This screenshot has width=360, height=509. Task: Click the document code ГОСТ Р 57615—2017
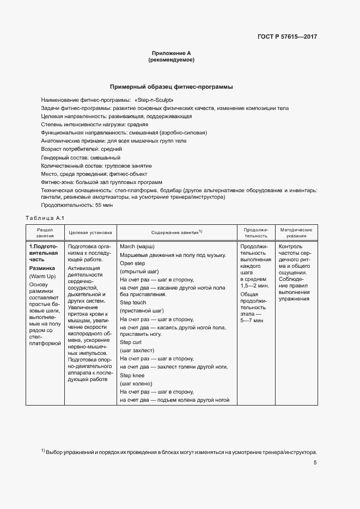[x=286, y=37]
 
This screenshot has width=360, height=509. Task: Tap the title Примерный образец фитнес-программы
[x=172, y=87]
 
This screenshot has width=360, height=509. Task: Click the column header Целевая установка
[x=90, y=232]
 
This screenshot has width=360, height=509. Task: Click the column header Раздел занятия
[x=45, y=232]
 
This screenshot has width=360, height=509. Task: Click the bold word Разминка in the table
[x=42, y=268]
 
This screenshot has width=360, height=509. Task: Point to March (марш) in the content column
[x=137, y=247]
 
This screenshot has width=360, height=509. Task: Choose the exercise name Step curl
[x=131, y=341]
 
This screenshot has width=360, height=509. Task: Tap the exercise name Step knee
[x=132, y=376]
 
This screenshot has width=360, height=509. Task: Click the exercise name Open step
[x=131, y=263]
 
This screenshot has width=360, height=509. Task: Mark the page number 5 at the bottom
[x=315, y=463]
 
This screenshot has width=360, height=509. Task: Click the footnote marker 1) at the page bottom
[x=43, y=451]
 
